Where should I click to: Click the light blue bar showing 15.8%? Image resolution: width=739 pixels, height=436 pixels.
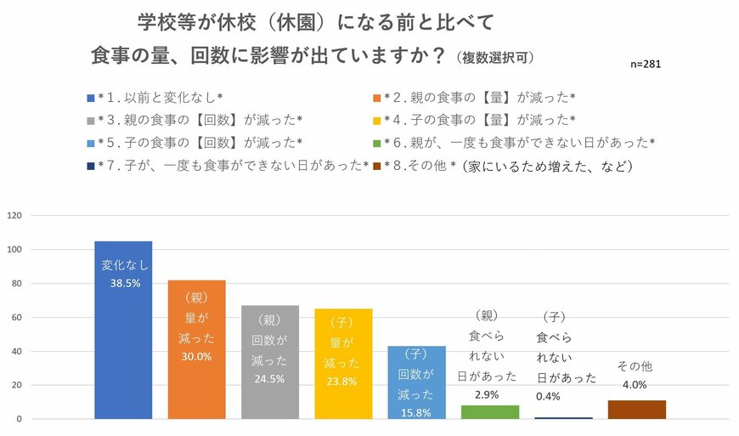[x=416, y=382]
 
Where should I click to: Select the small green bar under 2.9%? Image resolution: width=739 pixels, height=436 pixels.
[x=490, y=412]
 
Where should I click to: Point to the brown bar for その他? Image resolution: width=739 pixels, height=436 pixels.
[x=637, y=410]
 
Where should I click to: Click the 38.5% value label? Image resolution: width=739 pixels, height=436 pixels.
[x=124, y=283]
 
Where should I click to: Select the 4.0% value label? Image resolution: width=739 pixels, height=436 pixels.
[x=635, y=384]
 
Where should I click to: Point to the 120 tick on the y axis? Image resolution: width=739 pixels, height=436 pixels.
[x=14, y=215]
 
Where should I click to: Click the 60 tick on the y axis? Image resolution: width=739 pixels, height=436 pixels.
[x=16, y=317]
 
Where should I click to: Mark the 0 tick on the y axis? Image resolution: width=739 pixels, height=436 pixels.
[x=19, y=419]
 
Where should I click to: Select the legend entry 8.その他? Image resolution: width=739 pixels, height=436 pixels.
[x=506, y=166]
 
